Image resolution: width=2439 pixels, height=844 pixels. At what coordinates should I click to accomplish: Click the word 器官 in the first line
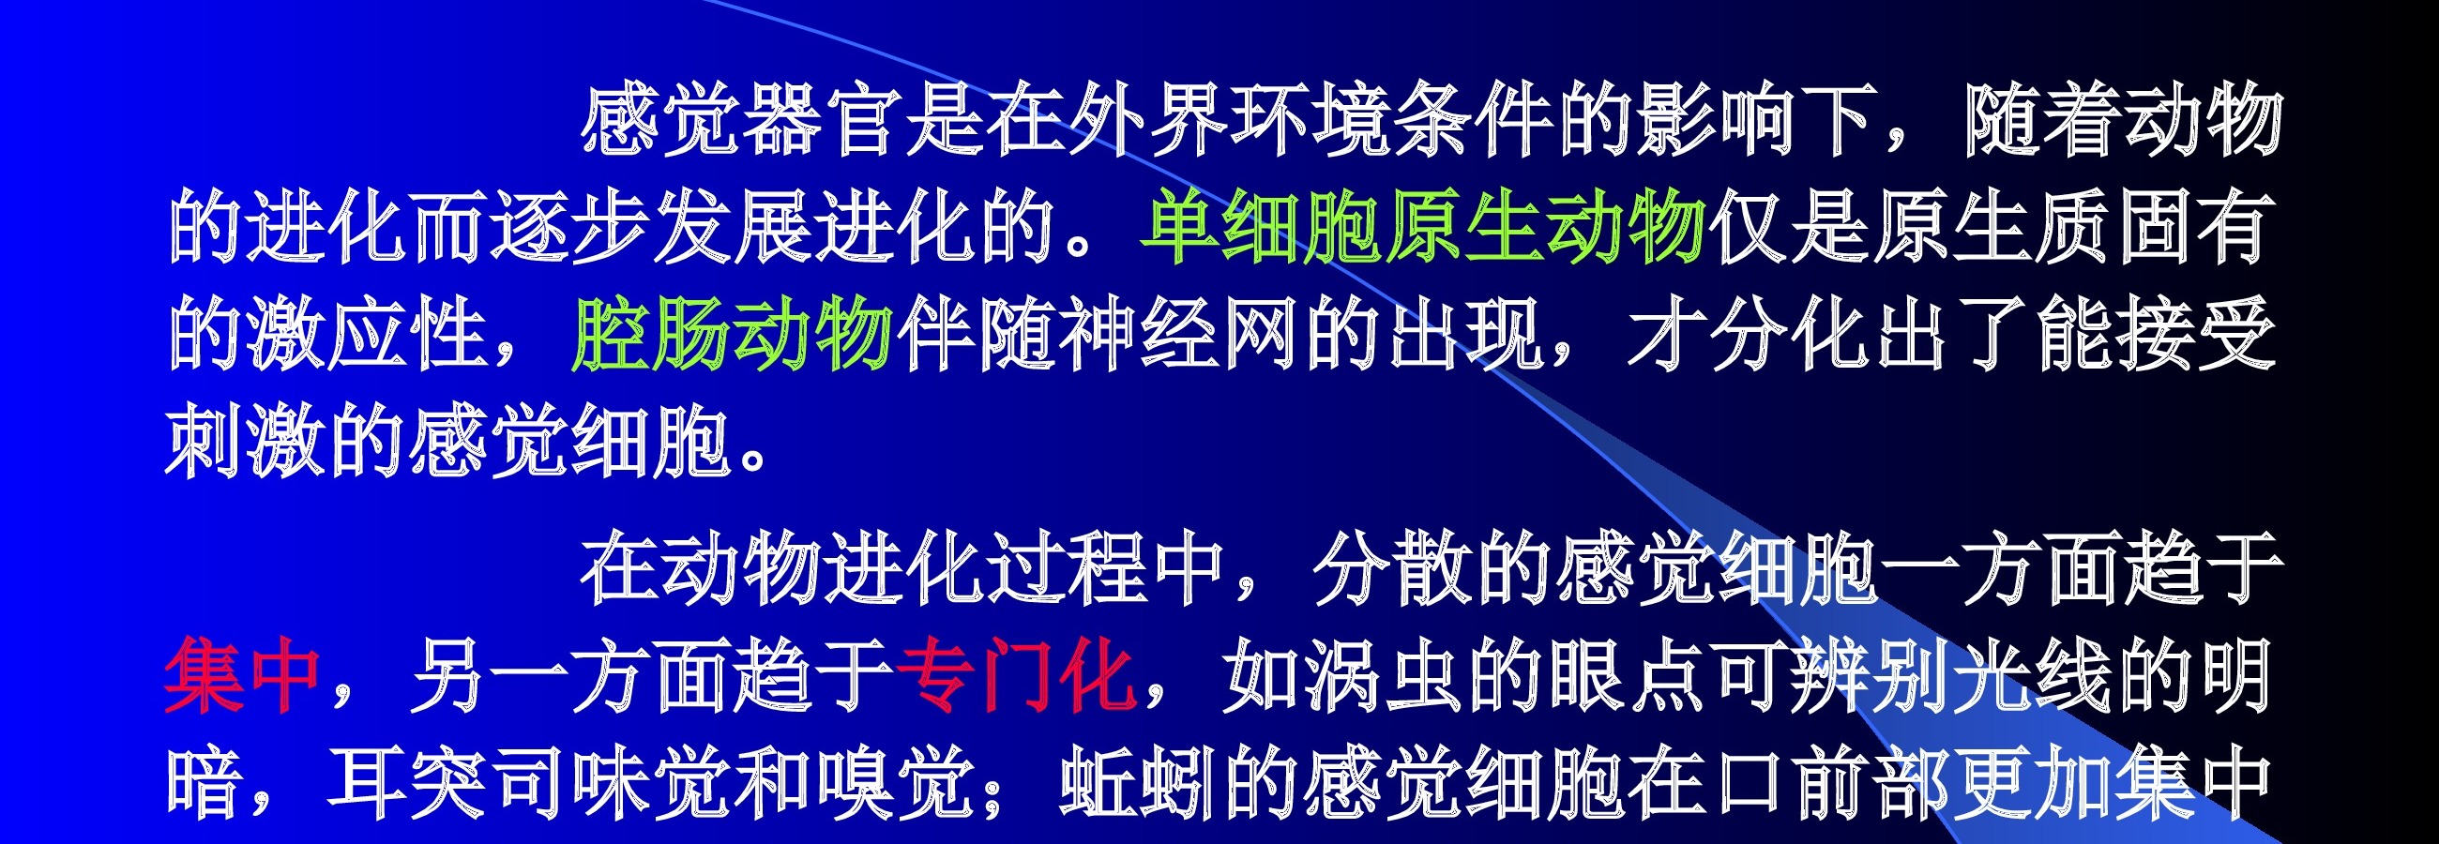pos(822,120)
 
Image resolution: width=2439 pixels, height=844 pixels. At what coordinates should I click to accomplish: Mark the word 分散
pos(1392,568)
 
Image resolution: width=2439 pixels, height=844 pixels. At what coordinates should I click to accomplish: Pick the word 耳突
pos(408,784)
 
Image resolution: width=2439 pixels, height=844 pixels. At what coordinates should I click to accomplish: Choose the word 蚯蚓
pos(1140,784)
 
